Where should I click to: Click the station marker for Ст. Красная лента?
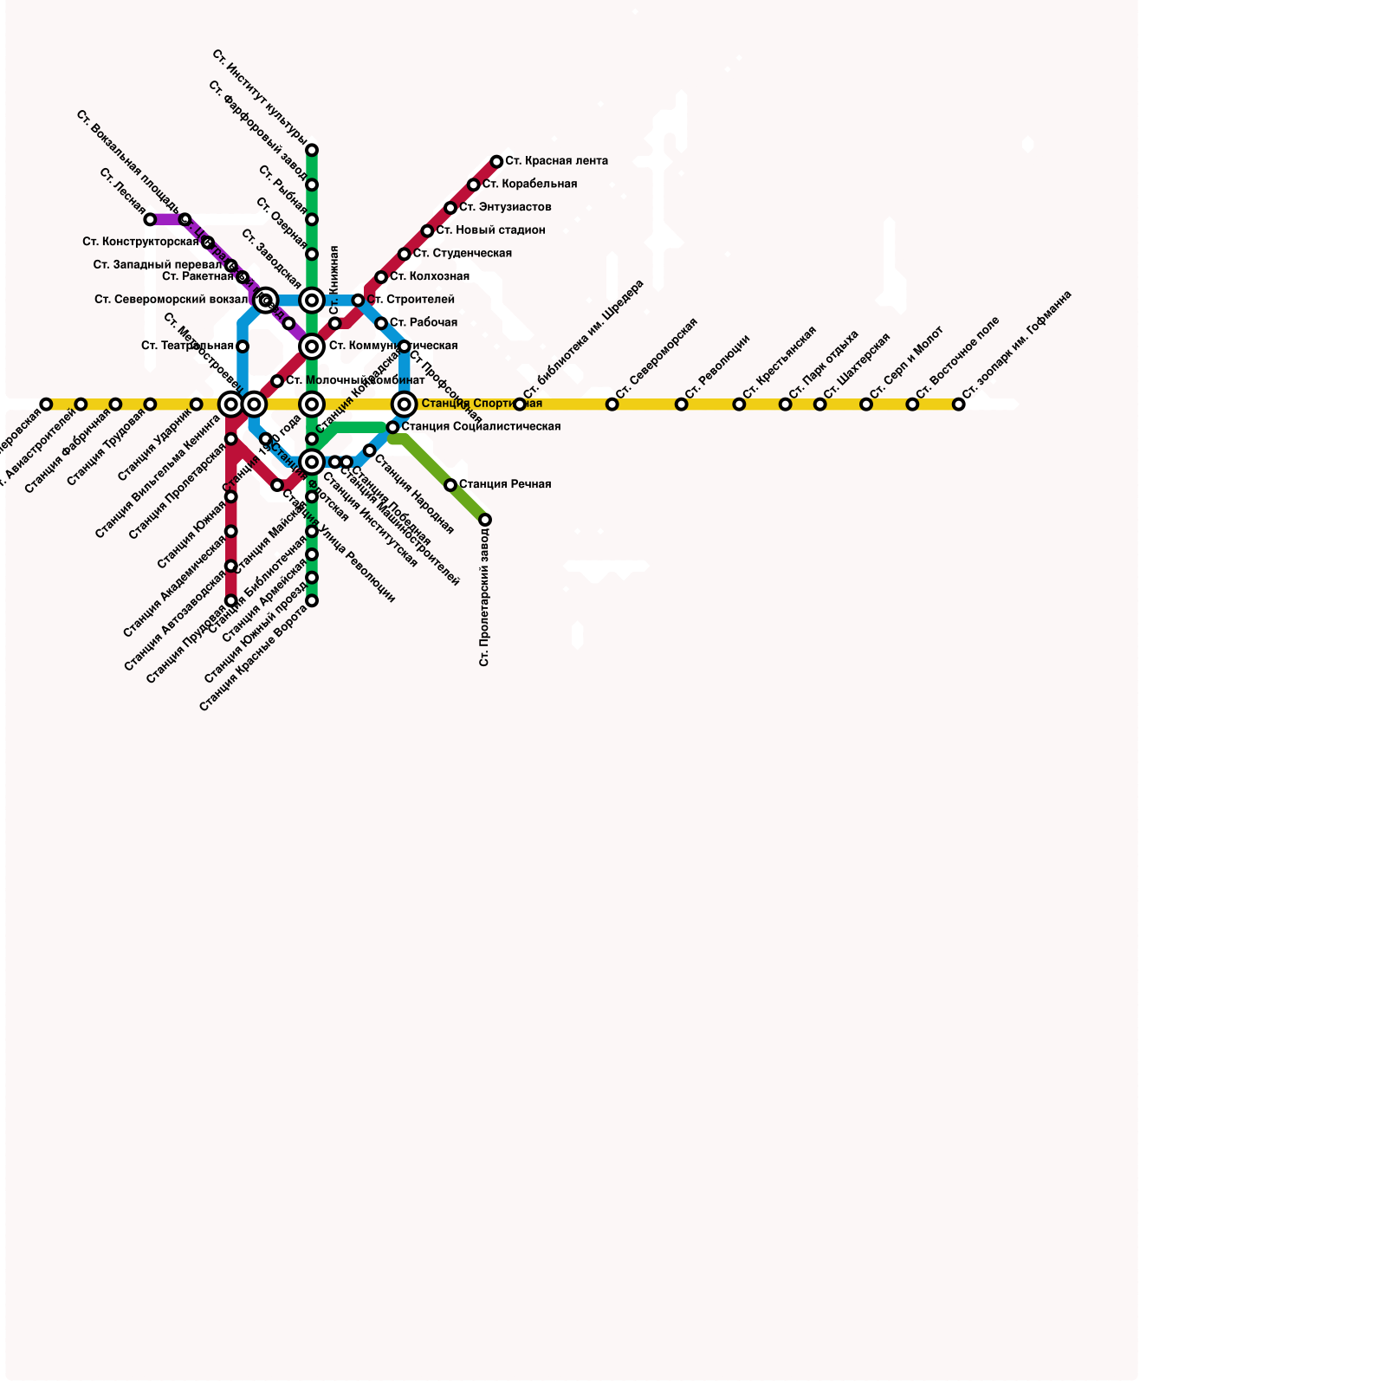click(x=496, y=162)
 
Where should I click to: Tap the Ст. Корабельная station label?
click(x=529, y=185)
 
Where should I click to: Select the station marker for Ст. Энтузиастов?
click(x=450, y=208)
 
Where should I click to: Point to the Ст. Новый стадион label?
click(x=490, y=230)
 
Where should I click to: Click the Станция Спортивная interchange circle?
click(x=405, y=405)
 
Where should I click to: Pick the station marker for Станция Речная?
click(x=450, y=485)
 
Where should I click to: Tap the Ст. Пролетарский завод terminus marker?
click(x=485, y=520)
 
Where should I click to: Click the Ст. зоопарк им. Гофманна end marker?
click(x=959, y=405)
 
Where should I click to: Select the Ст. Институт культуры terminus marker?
click(x=312, y=150)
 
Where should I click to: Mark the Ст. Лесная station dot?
click(x=150, y=220)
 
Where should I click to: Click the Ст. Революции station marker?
click(x=682, y=405)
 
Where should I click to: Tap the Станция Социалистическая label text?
click(x=481, y=427)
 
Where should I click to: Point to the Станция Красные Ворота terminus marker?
click(x=312, y=600)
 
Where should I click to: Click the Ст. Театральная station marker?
click(x=243, y=346)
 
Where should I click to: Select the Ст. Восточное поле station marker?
click(x=912, y=405)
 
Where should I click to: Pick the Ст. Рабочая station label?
click(x=424, y=323)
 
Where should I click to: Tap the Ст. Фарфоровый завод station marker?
click(x=312, y=185)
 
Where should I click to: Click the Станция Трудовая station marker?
click(x=150, y=405)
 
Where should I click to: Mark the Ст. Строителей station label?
click(x=411, y=300)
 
